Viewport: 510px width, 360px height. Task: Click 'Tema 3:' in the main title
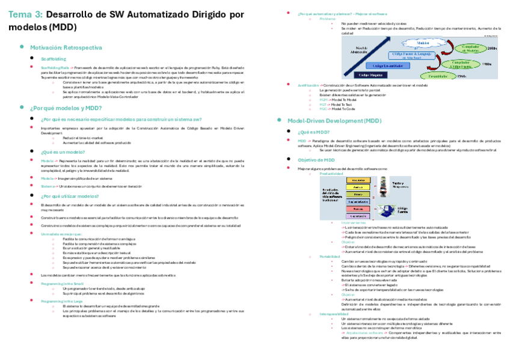click(25, 14)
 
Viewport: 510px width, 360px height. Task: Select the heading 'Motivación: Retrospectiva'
click(66, 47)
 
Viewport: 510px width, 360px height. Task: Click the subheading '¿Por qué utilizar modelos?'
click(70, 196)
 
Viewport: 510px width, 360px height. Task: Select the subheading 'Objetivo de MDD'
click(316, 160)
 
